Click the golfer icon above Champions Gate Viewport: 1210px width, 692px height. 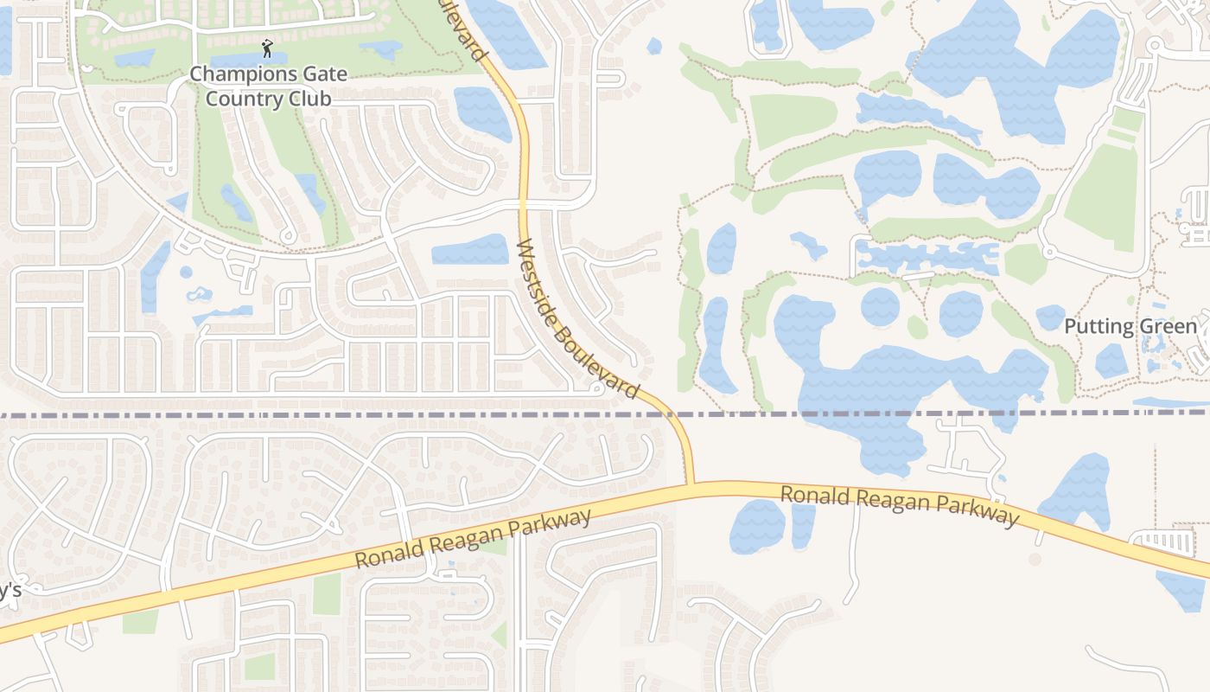pos(267,48)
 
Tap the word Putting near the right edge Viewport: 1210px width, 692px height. pos(1098,327)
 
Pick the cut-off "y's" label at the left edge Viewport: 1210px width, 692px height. pos(10,591)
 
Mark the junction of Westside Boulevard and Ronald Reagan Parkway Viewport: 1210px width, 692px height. pos(690,487)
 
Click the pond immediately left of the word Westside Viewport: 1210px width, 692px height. pos(470,249)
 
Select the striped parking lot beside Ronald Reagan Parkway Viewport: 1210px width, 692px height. pos(1162,543)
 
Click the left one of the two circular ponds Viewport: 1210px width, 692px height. pos(880,306)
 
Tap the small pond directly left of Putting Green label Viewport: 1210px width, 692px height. pos(1050,317)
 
